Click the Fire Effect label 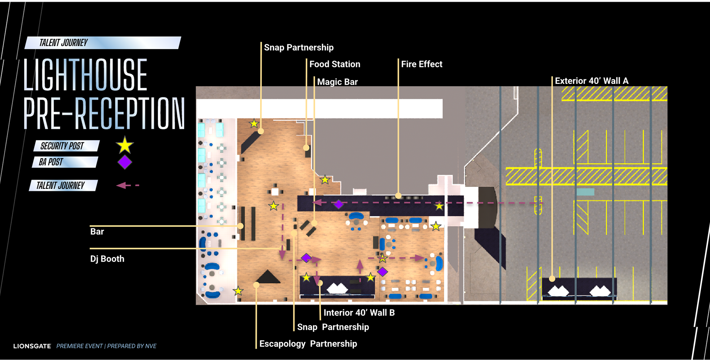[x=422, y=64]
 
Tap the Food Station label [x=335, y=64]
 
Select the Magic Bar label [x=337, y=82]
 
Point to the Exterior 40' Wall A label [x=591, y=81]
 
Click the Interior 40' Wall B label [x=359, y=313]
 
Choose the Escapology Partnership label [x=308, y=344]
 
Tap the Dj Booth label [x=107, y=259]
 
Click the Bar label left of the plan [x=97, y=232]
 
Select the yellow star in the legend [x=125, y=145]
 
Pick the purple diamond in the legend [x=125, y=162]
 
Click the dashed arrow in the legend [x=128, y=185]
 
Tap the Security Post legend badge [x=67, y=146]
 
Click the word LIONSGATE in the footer [x=32, y=346]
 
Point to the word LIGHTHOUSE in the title [x=85, y=75]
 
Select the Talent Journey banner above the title [x=102, y=43]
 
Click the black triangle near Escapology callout [x=268, y=278]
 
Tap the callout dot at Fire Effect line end [x=398, y=196]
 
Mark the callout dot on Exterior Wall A [x=552, y=279]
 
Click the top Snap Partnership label [x=298, y=48]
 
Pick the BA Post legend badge [x=65, y=162]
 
